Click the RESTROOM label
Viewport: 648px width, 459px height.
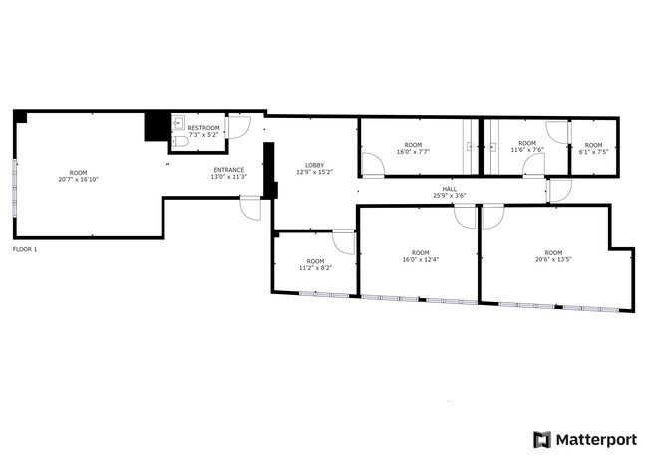[203, 128]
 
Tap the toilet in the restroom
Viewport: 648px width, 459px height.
[180, 141]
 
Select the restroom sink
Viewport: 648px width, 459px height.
[178, 123]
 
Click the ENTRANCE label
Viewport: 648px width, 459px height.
[229, 170]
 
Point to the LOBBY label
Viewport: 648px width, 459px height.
[314, 165]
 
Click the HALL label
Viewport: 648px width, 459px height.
[450, 189]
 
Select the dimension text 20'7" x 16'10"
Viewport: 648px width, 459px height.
[79, 180]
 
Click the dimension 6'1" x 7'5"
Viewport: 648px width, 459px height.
[593, 152]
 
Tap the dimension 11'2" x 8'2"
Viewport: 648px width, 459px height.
[315, 268]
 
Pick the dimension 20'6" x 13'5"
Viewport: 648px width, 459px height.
[553, 260]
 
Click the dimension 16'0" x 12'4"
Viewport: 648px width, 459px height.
[421, 260]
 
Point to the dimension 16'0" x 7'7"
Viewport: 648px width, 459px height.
[413, 152]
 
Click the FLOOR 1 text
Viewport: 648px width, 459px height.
[25, 249]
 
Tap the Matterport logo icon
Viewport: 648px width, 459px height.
[542, 440]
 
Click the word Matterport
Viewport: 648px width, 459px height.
[596, 440]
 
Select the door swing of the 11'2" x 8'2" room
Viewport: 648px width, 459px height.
[343, 242]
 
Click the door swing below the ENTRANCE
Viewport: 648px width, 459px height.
[250, 208]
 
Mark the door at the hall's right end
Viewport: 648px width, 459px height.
[559, 191]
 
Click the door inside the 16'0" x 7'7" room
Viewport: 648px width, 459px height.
[373, 165]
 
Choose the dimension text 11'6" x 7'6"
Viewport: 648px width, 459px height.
[527, 150]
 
